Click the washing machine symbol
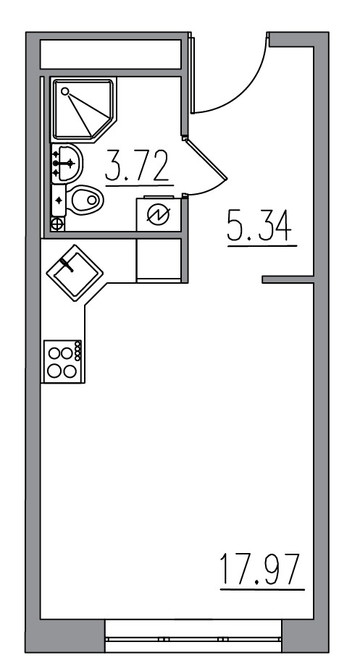[x=158, y=214]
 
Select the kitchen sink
[x=75, y=274]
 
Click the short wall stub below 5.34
[x=287, y=279]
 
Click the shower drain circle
[x=65, y=92]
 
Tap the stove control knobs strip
[x=79, y=355]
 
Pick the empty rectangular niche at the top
[x=110, y=54]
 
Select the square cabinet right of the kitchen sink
[x=158, y=261]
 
